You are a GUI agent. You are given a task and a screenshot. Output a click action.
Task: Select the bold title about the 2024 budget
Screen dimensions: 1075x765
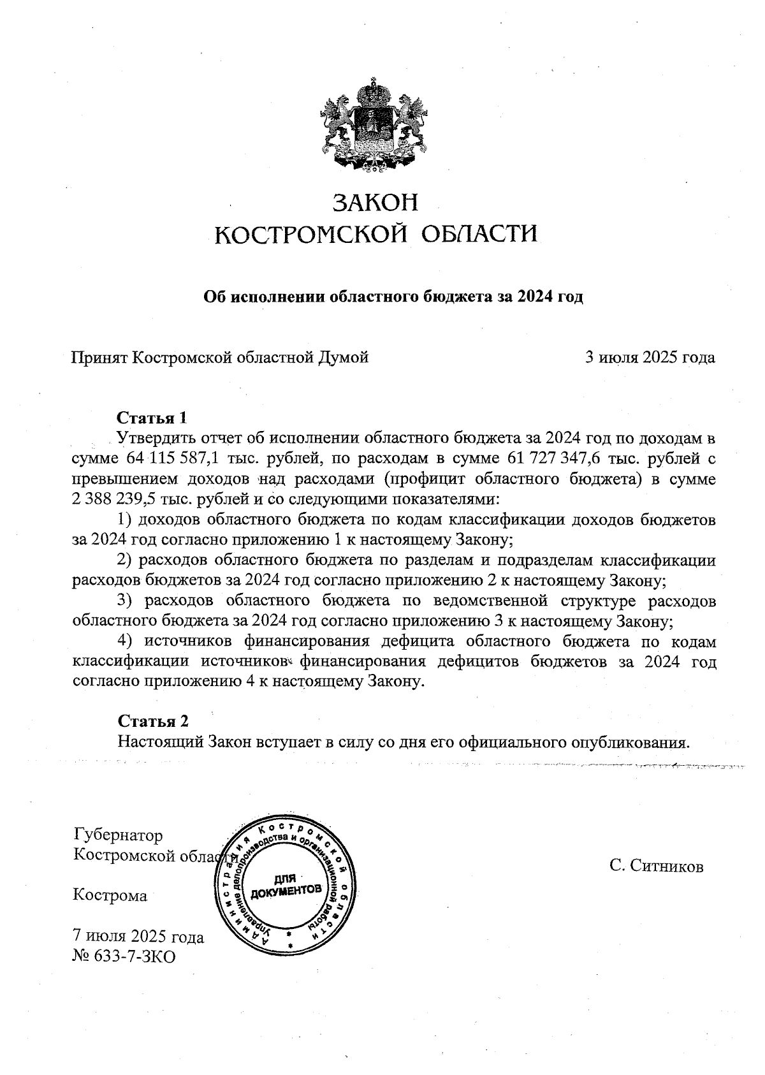(393, 297)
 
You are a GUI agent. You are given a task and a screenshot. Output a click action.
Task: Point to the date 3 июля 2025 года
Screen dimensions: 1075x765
(650, 357)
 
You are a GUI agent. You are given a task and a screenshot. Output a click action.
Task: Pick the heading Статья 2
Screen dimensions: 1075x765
(153, 721)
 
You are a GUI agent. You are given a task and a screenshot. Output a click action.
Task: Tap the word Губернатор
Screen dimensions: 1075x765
(119, 835)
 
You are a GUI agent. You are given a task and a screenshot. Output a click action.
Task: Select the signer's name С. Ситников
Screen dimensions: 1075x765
(656, 866)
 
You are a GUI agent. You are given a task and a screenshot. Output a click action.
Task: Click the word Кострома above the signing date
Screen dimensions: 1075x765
(110, 895)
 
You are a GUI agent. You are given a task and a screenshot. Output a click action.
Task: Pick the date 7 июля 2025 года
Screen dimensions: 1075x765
(138, 937)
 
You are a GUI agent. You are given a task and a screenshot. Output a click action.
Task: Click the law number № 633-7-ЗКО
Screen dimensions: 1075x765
(124, 956)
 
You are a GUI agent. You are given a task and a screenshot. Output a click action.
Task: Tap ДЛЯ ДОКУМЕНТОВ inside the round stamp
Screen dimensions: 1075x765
(285, 884)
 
